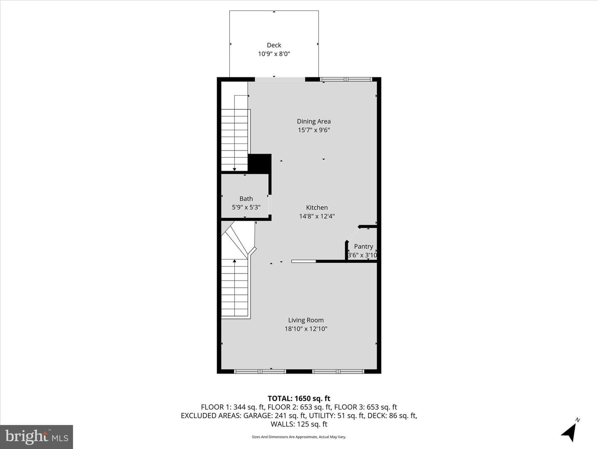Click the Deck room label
coord(274,45)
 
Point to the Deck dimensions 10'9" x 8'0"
coord(274,54)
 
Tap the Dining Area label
coord(314,121)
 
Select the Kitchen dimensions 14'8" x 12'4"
coord(316,216)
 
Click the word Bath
coord(246,199)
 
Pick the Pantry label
coord(363,247)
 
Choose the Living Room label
coord(306,320)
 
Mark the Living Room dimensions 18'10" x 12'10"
coord(306,329)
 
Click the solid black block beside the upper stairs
coord(260,163)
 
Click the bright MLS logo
coord(37,437)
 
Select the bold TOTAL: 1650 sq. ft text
coord(299,399)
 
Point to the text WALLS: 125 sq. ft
coord(299,424)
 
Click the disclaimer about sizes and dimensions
coord(299,437)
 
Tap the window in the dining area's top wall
coord(346,79)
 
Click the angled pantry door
coord(353,234)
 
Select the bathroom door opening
coord(269,205)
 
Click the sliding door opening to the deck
coord(280,79)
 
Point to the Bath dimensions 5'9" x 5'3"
coord(246,207)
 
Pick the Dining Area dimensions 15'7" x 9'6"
coord(314,130)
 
